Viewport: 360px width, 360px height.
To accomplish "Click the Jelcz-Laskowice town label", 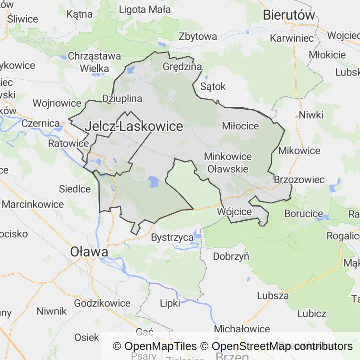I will pos(134,126).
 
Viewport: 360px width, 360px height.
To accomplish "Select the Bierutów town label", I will pos(289,15).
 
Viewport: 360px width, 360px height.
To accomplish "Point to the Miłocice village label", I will pos(240,126).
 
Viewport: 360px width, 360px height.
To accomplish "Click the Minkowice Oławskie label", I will pos(228,162).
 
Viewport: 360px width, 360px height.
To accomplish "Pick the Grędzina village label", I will pos(182,66).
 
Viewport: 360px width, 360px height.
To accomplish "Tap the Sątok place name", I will pos(213,86).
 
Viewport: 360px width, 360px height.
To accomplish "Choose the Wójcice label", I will pos(234,211).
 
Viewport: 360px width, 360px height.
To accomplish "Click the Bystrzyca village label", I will pos(172,238).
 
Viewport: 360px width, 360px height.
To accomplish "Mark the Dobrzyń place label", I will pos(231,256).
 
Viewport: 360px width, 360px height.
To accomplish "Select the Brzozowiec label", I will pos(299,180).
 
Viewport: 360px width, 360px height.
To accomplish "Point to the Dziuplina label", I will pos(122,98).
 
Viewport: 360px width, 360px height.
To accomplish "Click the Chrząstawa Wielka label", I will pos(94,62).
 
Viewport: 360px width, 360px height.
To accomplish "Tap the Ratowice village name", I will pos(68,143).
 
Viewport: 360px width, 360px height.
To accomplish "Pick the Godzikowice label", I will pos(102,303).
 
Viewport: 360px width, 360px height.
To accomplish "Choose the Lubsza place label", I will pos(273,296).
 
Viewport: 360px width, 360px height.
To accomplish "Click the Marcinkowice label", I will pos(33,204).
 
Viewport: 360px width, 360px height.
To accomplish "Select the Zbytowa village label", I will pos(198,36).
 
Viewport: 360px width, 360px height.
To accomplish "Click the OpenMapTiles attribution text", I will pos(155,346).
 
